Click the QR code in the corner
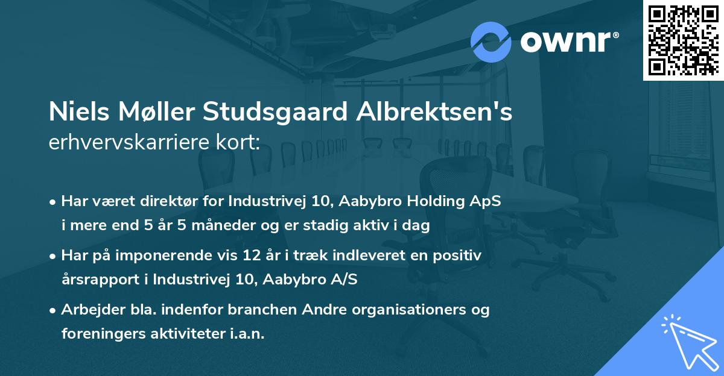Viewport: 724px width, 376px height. pos(684,40)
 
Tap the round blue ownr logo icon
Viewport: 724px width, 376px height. pos(491,42)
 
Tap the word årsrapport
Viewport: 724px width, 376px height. pos(99,280)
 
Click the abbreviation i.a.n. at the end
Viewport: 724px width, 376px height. pos(245,334)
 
